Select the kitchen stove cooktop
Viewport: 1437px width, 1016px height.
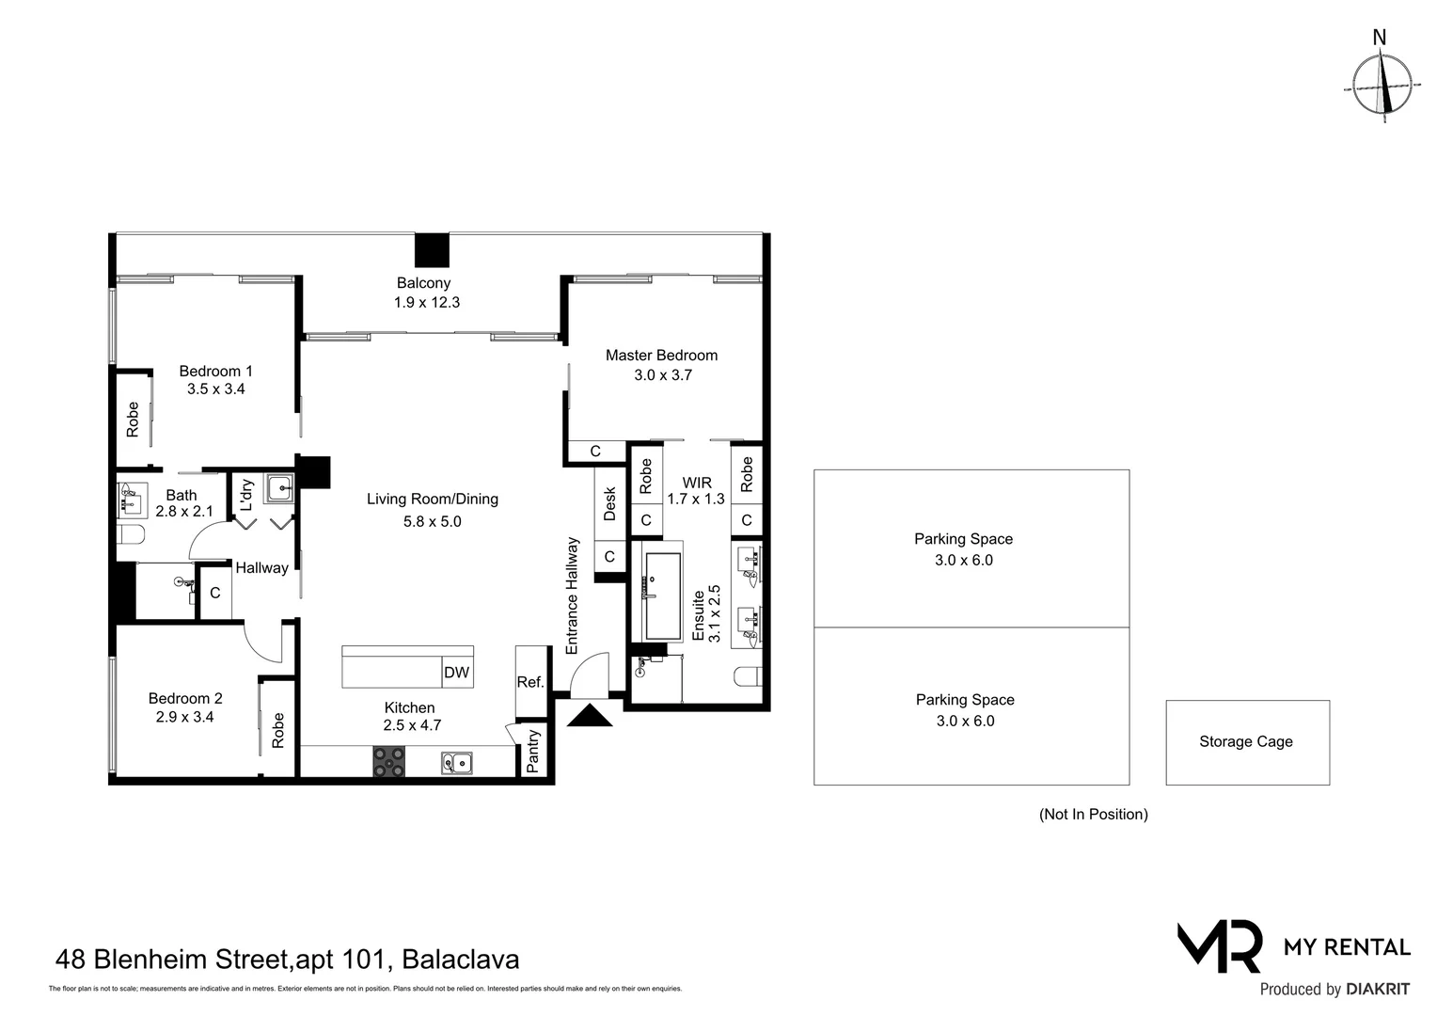coord(388,761)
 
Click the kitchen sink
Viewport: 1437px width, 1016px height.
coord(457,762)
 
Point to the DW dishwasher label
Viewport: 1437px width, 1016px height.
coord(456,673)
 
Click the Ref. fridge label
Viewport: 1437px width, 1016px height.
coord(530,682)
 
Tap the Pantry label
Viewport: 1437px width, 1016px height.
coord(533,752)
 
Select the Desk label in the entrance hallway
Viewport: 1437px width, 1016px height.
coord(609,503)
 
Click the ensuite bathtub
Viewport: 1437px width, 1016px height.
coord(662,595)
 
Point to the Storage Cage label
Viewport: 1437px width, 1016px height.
coord(1245,741)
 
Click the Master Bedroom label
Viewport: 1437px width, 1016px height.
coord(661,355)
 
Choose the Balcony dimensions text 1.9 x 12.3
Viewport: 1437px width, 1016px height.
coord(426,303)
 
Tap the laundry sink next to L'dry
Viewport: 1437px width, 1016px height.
coord(278,488)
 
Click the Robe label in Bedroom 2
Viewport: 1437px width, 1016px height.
coord(277,730)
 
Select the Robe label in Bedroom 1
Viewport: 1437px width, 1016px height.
coord(133,419)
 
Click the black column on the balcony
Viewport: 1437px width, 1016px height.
coord(433,250)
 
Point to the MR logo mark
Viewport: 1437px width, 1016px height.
coord(1219,946)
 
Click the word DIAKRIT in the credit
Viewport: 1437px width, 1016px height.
coord(1378,990)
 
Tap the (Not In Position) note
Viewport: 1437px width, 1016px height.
coord(1093,815)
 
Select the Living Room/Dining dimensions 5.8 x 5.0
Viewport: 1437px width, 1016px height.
coord(427,521)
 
